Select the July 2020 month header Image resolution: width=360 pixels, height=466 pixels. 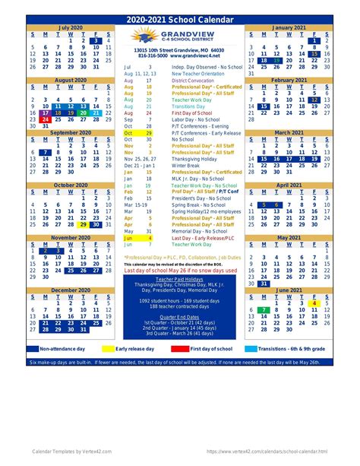coord(71,26)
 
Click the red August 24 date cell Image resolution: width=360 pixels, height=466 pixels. coord(46,119)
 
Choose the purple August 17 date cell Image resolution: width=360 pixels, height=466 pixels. coord(46,113)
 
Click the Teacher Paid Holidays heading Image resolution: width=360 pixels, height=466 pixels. coord(180,278)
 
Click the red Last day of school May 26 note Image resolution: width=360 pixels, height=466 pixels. coord(180,270)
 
